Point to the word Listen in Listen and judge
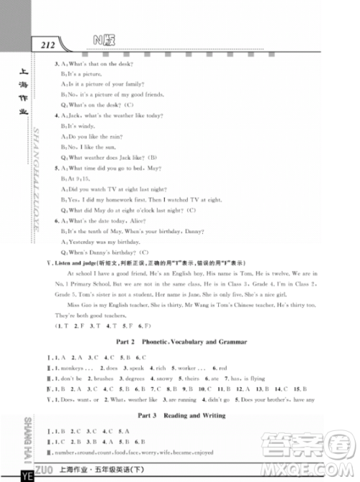pyautogui.click(x=63, y=263)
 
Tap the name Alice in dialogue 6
pyautogui.click(x=154, y=221)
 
